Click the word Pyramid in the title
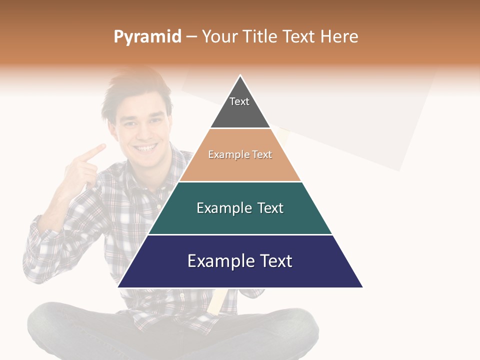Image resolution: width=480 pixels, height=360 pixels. click(147, 37)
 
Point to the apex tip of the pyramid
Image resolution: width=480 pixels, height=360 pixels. click(240, 76)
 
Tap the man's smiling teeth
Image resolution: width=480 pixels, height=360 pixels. click(146, 148)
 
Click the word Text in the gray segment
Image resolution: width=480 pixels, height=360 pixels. click(239, 101)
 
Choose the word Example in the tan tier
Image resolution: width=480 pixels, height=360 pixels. click(224, 154)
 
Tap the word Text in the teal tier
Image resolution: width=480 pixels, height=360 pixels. click(271, 208)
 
